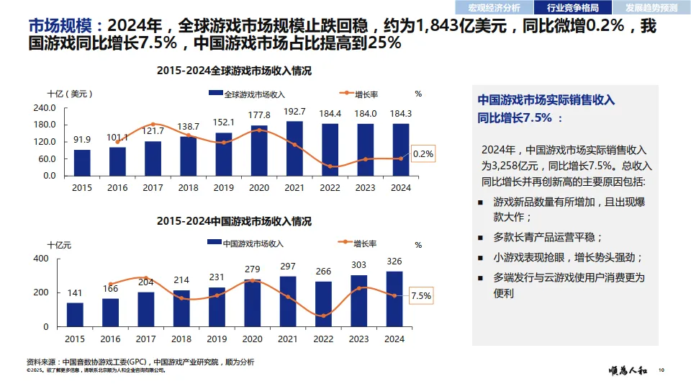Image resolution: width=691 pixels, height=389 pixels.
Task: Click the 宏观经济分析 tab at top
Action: (494, 8)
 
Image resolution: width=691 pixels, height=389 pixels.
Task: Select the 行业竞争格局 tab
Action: (573, 8)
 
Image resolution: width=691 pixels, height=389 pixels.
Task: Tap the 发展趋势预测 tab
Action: (651, 8)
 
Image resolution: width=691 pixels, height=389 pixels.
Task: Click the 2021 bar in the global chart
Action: (294, 148)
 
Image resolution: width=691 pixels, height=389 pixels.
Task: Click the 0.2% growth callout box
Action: (423, 153)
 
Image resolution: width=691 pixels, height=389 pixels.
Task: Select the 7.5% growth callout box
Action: (420, 295)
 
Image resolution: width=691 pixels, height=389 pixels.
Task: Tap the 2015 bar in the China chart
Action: (75, 314)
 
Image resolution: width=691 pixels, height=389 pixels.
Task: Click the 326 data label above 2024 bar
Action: (395, 261)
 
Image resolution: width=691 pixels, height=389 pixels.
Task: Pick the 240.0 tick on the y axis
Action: (45, 108)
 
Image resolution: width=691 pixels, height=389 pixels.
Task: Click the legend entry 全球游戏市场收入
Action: (248, 94)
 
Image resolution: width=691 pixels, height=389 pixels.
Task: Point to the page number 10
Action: (661, 371)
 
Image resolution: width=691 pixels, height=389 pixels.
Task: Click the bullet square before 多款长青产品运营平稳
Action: (480, 237)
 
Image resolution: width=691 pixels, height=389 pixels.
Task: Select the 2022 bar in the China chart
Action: (325, 303)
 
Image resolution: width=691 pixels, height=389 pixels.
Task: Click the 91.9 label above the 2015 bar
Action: (81, 140)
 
